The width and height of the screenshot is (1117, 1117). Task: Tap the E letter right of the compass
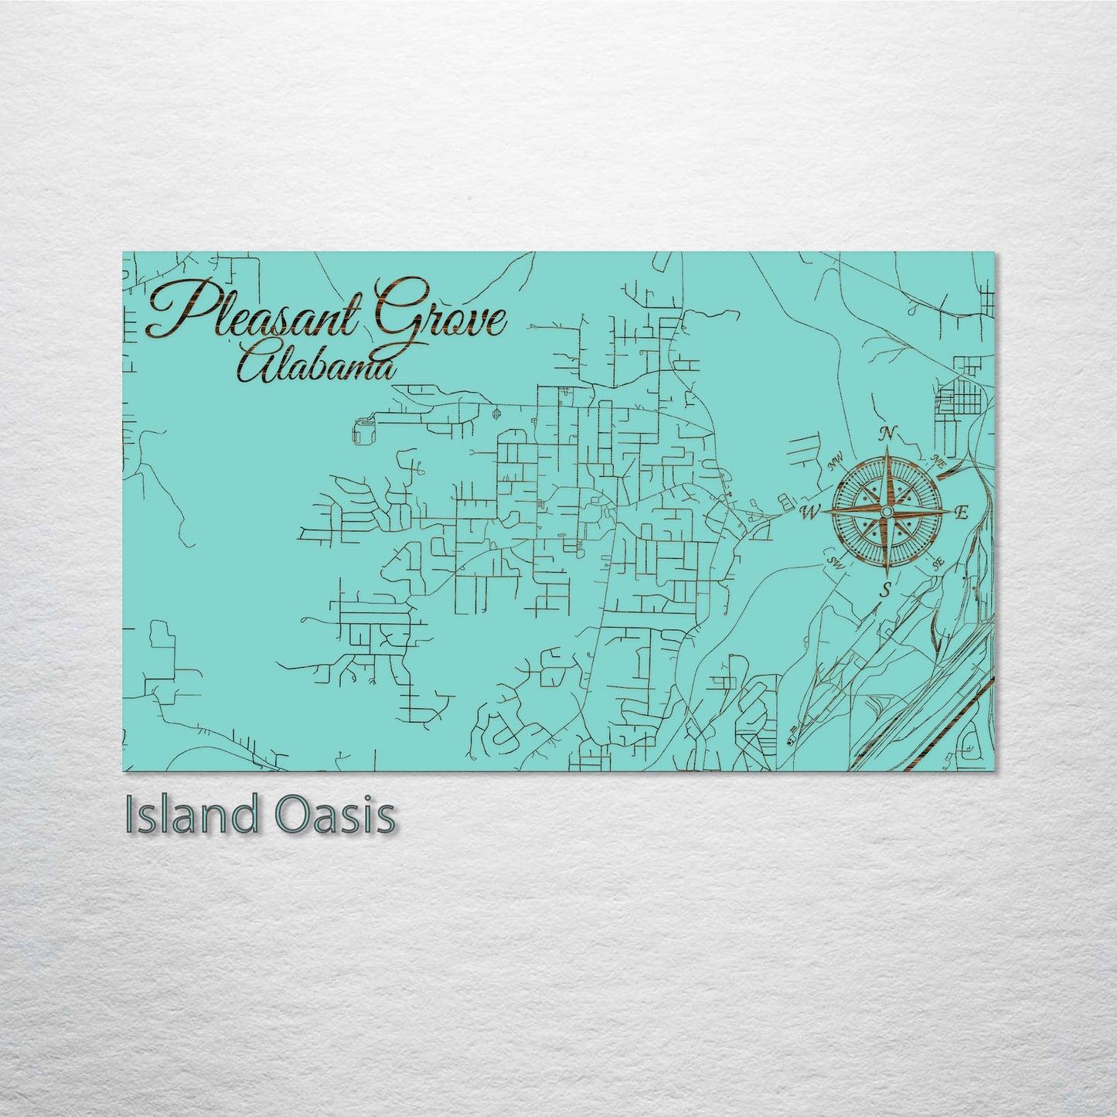pos(962,512)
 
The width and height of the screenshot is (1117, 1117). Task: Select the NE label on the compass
pos(938,463)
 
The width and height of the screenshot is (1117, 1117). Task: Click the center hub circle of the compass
pos(887,512)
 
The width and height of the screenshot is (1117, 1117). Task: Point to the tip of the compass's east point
pos(951,512)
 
